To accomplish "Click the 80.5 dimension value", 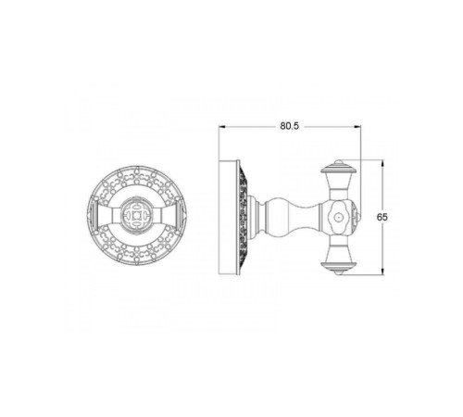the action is pos(290,126).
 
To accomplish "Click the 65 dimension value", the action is pos(382,217).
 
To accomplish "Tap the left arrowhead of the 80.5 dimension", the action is pos(221,126).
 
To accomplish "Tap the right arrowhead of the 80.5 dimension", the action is pos(357,126).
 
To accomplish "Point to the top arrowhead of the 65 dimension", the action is pos(382,163).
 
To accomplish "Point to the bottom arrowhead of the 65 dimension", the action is pos(382,272).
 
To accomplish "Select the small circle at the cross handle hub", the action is pos(339,217).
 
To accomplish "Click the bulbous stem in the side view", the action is pos(292,217).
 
